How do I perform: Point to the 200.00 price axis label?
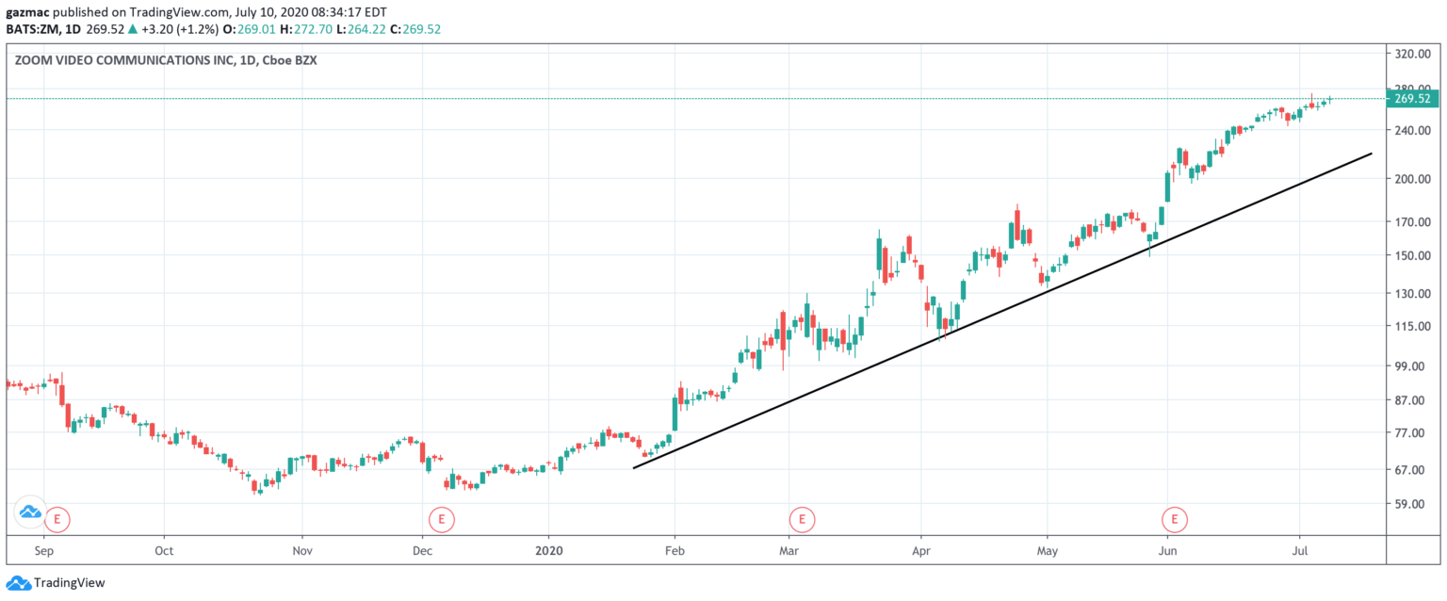(x=1412, y=178)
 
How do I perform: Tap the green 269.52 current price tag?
(x=1412, y=98)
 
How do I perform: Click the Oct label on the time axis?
(x=163, y=550)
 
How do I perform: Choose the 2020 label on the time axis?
(x=547, y=550)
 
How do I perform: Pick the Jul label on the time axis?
(x=1298, y=550)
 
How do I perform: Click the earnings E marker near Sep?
(x=58, y=517)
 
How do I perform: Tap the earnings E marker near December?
(x=440, y=517)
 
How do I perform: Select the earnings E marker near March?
(x=802, y=517)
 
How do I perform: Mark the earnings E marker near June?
(x=1174, y=517)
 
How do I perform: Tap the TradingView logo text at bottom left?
(x=68, y=583)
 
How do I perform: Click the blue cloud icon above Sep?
(x=30, y=512)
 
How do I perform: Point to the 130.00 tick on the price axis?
(x=1412, y=293)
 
